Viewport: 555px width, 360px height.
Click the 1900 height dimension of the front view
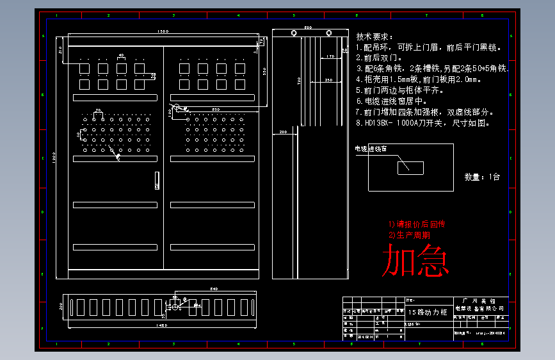(x=55, y=158)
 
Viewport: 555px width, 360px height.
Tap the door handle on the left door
(x=157, y=181)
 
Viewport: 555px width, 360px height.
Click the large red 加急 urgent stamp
(x=415, y=262)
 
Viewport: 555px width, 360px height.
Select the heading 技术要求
(x=374, y=37)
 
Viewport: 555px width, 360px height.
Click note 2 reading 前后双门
(x=378, y=58)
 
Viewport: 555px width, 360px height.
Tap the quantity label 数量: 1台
(x=482, y=177)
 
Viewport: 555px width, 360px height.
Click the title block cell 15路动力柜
(x=423, y=312)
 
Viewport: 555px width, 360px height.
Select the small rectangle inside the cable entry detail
(x=410, y=167)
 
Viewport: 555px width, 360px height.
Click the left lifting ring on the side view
(x=294, y=33)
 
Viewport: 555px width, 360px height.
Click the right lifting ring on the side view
(x=329, y=33)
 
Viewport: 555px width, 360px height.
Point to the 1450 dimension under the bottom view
(x=162, y=325)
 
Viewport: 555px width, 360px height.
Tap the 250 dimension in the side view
(x=328, y=79)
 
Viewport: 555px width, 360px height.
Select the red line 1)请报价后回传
(x=416, y=224)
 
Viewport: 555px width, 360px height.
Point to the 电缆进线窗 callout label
(x=371, y=149)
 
